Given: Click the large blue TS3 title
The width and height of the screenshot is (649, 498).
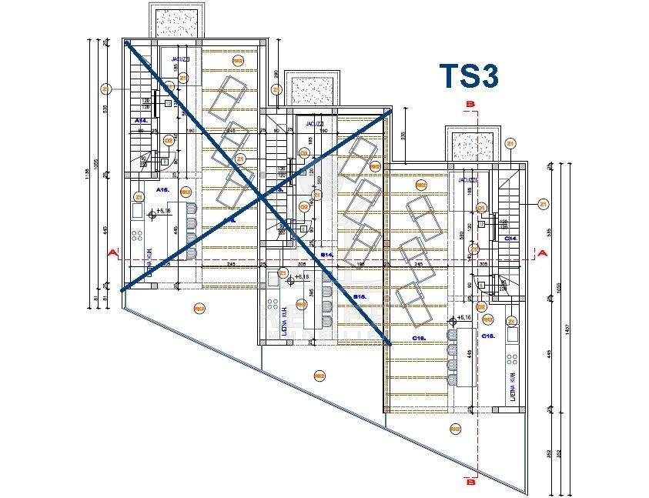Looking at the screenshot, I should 469,77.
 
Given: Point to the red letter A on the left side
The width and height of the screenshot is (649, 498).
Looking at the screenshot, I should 112,252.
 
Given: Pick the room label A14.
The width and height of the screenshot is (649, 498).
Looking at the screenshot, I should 141,121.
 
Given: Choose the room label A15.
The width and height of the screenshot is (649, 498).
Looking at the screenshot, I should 162,189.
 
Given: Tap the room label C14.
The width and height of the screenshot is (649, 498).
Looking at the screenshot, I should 510,239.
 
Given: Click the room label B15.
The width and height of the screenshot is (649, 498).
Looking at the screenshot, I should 359,296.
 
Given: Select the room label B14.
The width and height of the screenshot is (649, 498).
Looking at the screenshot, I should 326,253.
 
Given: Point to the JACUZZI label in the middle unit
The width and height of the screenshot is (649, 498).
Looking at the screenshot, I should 314,123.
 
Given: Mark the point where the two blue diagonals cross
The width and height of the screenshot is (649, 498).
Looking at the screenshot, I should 264,198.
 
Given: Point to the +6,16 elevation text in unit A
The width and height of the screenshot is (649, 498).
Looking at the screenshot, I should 163,209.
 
